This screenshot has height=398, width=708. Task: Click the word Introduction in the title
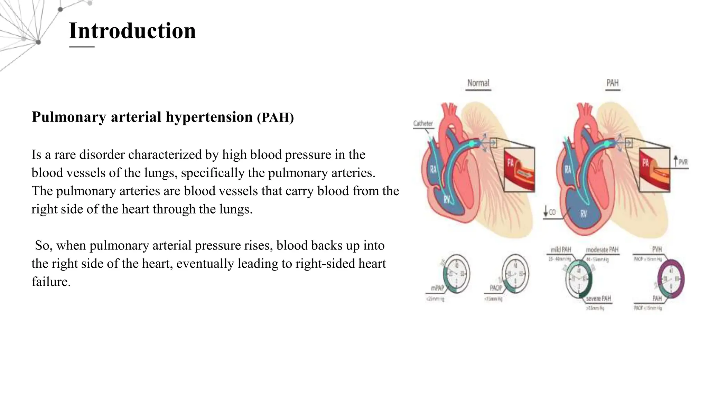[x=132, y=31]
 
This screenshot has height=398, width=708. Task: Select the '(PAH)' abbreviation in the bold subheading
[x=275, y=117]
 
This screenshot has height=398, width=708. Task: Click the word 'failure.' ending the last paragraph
[x=51, y=282]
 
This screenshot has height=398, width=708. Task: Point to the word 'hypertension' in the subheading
[x=209, y=117]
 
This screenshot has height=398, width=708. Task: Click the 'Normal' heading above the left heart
[x=478, y=83]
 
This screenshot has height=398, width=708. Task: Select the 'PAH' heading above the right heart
[x=612, y=83]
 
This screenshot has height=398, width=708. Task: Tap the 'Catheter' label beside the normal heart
[x=423, y=124]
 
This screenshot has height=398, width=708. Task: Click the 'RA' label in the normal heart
[x=433, y=169]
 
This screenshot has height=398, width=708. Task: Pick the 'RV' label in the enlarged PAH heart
[x=584, y=214]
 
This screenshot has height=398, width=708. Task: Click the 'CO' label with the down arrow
[x=552, y=212]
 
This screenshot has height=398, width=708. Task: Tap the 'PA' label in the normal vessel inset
[x=510, y=162]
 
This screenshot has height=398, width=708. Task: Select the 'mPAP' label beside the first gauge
[x=437, y=288]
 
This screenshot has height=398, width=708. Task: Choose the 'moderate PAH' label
[x=602, y=249]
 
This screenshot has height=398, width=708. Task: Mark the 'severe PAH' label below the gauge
[x=598, y=298]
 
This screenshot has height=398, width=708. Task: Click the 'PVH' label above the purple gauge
[x=657, y=249]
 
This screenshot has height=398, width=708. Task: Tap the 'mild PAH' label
[x=561, y=249]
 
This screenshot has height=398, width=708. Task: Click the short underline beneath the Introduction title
[x=82, y=47]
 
